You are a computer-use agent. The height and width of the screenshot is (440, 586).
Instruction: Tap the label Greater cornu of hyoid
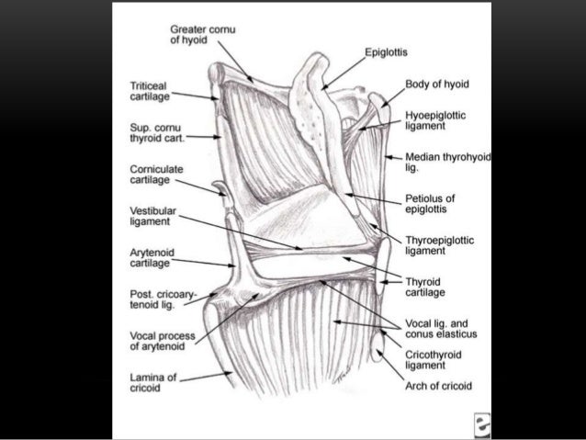(203, 35)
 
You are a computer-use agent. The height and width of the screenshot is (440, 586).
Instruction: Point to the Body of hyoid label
(437, 84)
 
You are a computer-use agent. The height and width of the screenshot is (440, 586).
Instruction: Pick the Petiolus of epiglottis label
(431, 203)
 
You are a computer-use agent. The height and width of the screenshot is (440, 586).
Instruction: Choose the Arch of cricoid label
(438, 387)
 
